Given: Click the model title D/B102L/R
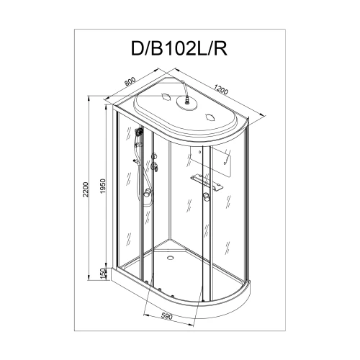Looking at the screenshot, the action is [179, 49].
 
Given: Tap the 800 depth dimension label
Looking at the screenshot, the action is [130, 81].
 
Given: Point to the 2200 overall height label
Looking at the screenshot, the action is [86, 189].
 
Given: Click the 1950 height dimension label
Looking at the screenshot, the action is [103, 186].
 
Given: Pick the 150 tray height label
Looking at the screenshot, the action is [103, 274].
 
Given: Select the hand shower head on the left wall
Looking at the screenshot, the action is [139, 132].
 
